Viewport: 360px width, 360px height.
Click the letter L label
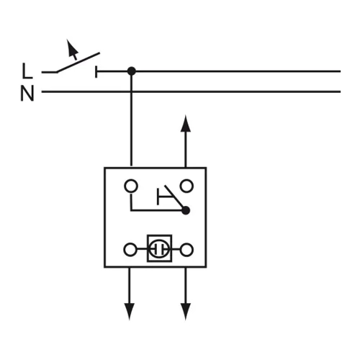point(27,71)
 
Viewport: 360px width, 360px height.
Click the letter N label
point(27,94)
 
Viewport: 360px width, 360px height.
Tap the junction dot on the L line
point(131,71)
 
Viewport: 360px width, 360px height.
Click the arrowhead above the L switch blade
point(72,48)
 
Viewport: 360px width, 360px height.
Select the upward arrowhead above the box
point(186,124)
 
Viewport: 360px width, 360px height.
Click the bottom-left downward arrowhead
point(130,312)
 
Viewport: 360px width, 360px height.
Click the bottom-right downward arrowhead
point(186,312)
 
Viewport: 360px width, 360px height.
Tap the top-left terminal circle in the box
point(131,186)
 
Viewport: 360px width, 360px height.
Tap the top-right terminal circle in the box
point(186,186)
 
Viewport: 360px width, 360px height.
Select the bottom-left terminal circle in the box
point(130,250)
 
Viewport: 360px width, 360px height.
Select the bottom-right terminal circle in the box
point(186,250)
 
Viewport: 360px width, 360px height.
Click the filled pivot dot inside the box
point(186,210)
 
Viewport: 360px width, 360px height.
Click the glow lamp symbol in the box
point(159,248)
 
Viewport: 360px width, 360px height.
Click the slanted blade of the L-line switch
point(78,62)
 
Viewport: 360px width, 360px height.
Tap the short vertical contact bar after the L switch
point(96,71)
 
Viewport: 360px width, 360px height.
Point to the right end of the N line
point(341,91)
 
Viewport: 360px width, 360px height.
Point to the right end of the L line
point(341,71)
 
